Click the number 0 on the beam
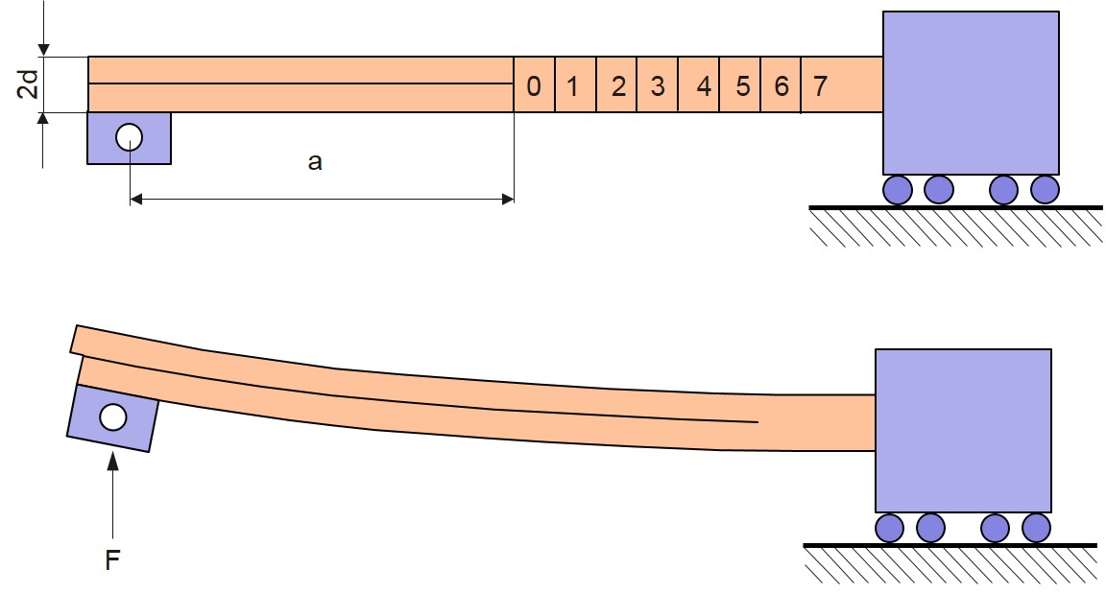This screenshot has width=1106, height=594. [534, 86]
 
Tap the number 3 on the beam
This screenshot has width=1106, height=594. [658, 86]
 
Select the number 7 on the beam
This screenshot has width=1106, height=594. [820, 86]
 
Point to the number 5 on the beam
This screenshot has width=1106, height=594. [742, 86]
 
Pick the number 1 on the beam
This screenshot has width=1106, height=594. [573, 86]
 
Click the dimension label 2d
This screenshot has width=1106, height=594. [28, 83]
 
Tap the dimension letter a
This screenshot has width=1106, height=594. [315, 162]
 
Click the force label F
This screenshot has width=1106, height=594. [112, 560]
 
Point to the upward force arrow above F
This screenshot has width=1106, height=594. [112, 495]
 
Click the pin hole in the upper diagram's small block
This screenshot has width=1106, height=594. [129, 137]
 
